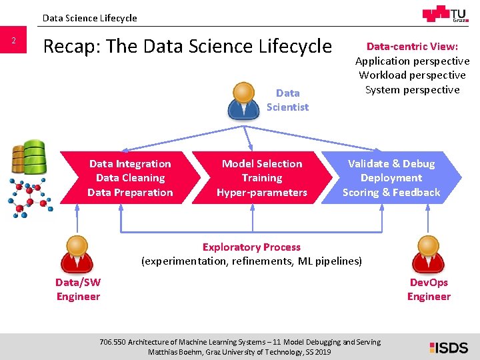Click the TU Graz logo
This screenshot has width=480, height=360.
tap(445, 15)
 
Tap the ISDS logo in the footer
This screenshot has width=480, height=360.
tap(449, 347)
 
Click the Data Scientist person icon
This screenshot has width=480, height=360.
tap(245, 100)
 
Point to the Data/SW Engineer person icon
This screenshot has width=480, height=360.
tap(78, 253)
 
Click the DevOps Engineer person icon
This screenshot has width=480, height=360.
tap(429, 253)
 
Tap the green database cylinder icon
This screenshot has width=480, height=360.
tap(31, 157)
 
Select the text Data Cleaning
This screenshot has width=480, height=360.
tap(130, 178)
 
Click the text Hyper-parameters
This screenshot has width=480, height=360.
tap(262, 193)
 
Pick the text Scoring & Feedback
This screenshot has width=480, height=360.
tap(391, 193)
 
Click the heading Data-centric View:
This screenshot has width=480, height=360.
tap(412, 47)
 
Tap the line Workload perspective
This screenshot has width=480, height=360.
tap(412, 75)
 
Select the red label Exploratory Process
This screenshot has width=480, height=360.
tap(251, 247)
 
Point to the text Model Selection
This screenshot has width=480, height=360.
tap(262, 163)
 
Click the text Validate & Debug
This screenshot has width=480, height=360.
tap(391, 163)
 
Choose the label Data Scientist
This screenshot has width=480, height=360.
tap(287, 100)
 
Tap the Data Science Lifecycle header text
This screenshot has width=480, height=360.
tap(89, 18)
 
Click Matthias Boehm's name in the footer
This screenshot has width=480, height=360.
tap(175, 352)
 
